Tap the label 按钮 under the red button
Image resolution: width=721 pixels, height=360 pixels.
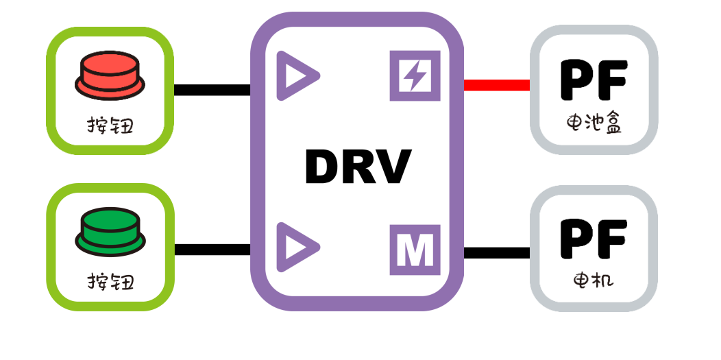click(110, 125)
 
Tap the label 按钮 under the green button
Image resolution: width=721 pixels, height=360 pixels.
click(110, 281)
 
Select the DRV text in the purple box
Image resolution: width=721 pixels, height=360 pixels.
click(358, 167)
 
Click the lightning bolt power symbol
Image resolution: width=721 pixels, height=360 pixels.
click(415, 75)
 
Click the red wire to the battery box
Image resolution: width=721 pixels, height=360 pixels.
click(497, 85)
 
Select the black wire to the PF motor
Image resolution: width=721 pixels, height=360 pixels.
click(497, 253)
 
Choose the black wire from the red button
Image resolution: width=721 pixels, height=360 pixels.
click(212, 90)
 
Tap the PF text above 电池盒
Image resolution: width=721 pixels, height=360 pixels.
click(594, 81)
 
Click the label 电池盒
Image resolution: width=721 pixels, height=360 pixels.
click(594, 124)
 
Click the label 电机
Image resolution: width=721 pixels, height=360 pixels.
click(594, 280)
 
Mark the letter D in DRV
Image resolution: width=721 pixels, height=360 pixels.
click(323, 167)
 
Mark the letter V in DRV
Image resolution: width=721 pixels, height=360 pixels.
click(393, 167)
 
